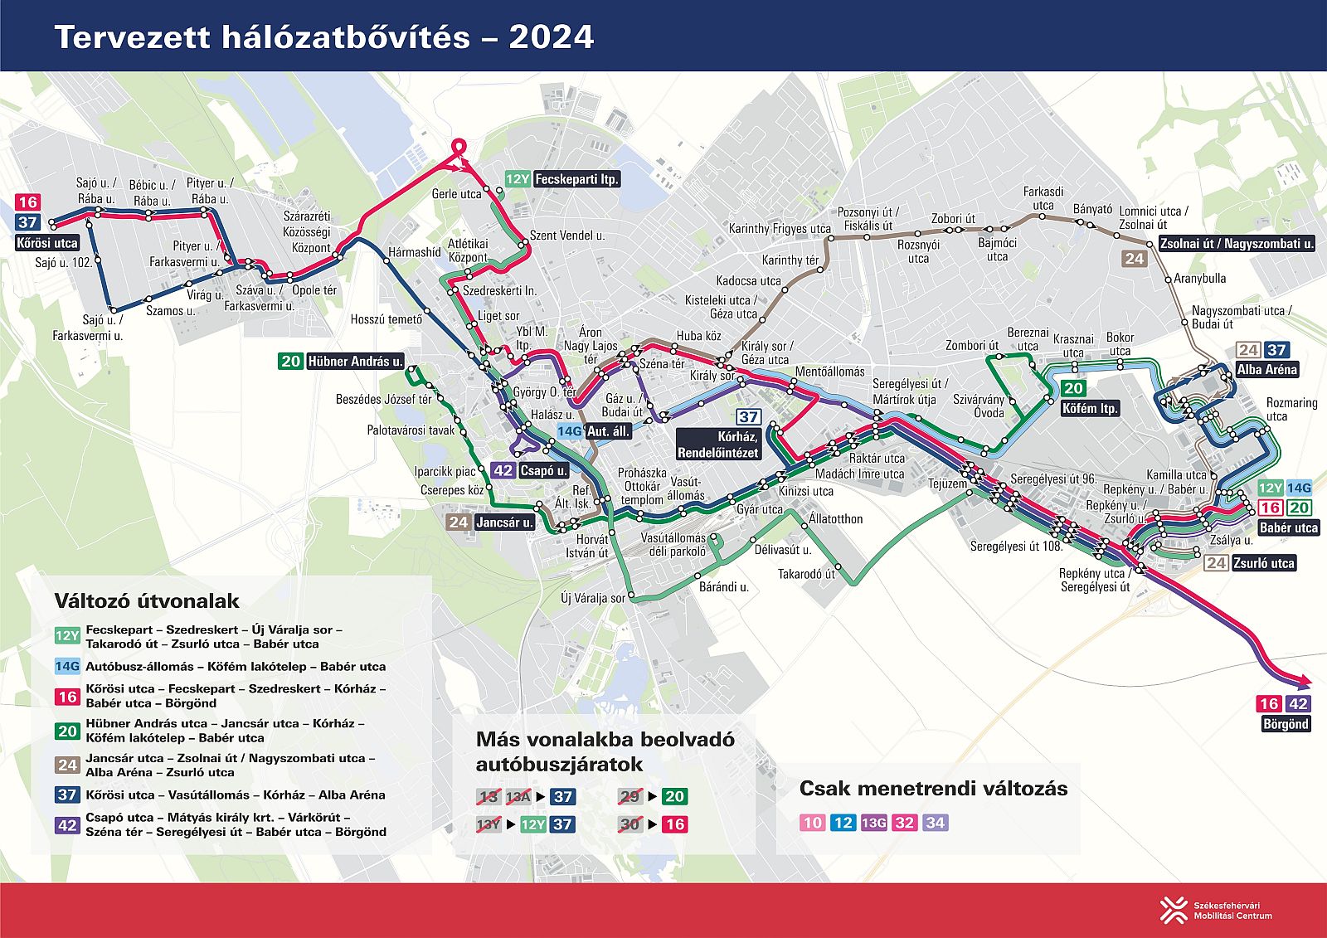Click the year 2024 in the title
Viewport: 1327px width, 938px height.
click(x=551, y=37)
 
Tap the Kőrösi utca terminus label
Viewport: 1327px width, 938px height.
click(x=47, y=243)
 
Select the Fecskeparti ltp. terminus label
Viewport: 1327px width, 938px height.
click(x=576, y=179)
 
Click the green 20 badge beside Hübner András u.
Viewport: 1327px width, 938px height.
click(x=290, y=361)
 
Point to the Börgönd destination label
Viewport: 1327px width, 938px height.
click(x=1286, y=724)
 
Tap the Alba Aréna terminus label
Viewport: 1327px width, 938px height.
click(x=1266, y=370)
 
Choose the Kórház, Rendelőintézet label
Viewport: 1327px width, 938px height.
click(x=717, y=445)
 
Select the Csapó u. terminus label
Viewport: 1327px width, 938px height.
click(x=543, y=470)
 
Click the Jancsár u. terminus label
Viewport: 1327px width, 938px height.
click(x=504, y=522)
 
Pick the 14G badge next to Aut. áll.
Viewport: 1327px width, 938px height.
click(x=569, y=431)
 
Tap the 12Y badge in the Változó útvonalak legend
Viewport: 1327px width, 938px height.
click(x=67, y=636)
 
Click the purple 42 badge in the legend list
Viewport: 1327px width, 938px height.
click(x=67, y=824)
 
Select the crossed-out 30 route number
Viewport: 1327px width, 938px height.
click(x=630, y=824)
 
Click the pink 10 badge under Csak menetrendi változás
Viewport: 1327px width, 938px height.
click(x=812, y=823)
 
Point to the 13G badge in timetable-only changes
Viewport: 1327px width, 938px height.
click(x=873, y=823)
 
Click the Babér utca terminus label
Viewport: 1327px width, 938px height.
click(x=1287, y=527)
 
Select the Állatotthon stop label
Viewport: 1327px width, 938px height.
click(x=835, y=519)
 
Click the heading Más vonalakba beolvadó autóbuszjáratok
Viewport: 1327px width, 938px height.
click(x=605, y=751)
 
